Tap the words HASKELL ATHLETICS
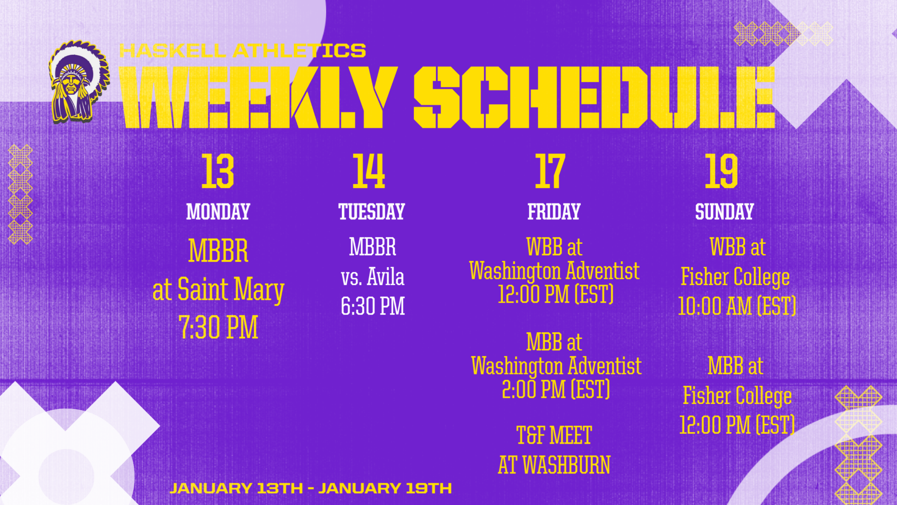click(x=243, y=51)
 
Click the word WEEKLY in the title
click(x=258, y=97)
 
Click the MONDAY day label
click(x=218, y=212)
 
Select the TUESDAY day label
click(x=372, y=212)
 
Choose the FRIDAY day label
click(x=554, y=212)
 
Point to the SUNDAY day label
click(x=724, y=212)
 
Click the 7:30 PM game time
click(x=218, y=327)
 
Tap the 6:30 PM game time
click(x=373, y=306)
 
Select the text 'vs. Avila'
click(x=373, y=277)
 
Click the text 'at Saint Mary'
click(x=218, y=290)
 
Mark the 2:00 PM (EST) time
click(x=556, y=389)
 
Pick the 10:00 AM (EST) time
click(x=737, y=306)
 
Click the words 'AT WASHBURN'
click(x=554, y=465)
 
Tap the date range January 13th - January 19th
click(x=311, y=488)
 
